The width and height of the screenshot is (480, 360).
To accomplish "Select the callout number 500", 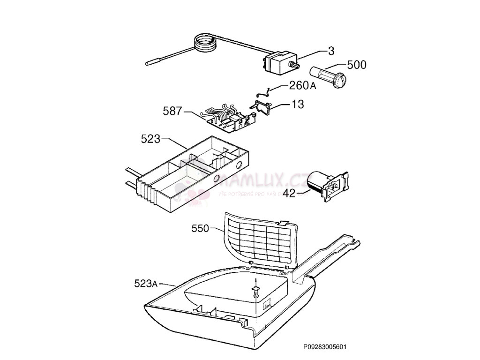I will point(357,65).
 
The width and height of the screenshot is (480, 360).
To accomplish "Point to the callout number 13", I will point(298,104).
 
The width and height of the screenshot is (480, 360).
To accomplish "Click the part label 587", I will point(172,112).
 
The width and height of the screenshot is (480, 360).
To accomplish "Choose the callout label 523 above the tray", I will point(150,139).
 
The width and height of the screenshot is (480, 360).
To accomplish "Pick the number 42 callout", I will point(290,193).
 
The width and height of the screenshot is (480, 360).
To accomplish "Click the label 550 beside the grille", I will point(201,229).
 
